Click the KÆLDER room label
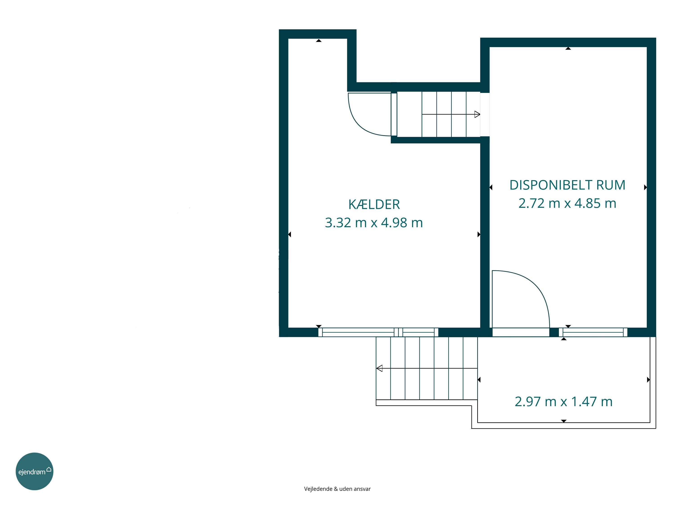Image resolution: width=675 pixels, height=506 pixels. pyautogui.click(x=374, y=204)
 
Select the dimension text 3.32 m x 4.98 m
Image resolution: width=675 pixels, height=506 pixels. pyautogui.click(x=374, y=223)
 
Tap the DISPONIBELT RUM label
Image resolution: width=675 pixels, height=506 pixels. pyautogui.click(x=568, y=185)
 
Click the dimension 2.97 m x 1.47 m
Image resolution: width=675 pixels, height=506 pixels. pyautogui.click(x=564, y=402)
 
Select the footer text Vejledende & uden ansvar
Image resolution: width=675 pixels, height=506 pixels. pyautogui.click(x=337, y=489)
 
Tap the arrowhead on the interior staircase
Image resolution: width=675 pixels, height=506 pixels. pyautogui.click(x=477, y=114)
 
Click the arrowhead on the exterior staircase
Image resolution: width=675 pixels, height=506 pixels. pyautogui.click(x=379, y=368)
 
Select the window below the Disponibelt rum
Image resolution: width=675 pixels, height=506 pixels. pyautogui.click(x=593, y=332)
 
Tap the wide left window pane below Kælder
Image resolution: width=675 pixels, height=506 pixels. pyautogui.click(x=358, y=332)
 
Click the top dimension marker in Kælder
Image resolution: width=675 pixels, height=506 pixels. pyautogui.click(x=319, y=40)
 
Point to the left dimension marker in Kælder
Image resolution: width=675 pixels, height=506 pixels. pyautogui.click(x=290, y=234)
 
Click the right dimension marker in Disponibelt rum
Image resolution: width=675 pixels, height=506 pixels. pyautogui.click(x=645, y=187)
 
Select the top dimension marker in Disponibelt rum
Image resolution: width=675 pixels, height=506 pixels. pyautogui.click(x=568, y=48)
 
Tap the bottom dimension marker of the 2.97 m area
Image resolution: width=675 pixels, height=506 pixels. pyautogui.click(x=564, y=421)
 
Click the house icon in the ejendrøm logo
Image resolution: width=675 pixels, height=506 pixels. pyautogui.click(x=49, y=469)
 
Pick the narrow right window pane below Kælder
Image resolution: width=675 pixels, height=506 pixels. pyautogui.click(x=418, y=332)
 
